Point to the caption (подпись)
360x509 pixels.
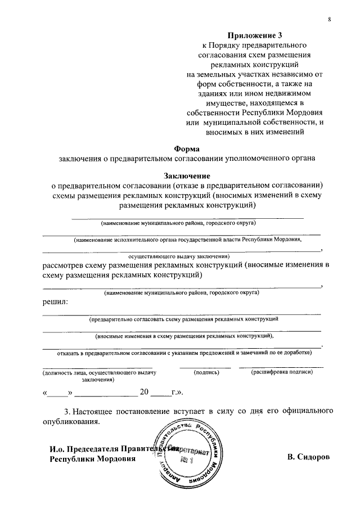click(205, 372)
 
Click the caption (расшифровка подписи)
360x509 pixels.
click(282, 372)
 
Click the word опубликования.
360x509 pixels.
click(71, 421)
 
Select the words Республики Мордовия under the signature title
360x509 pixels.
click(93, 458)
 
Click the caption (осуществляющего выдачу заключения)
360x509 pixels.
click(183, 256)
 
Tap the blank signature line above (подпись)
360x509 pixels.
click(205, 367)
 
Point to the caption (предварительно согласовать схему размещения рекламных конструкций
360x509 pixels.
click(184, 319)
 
